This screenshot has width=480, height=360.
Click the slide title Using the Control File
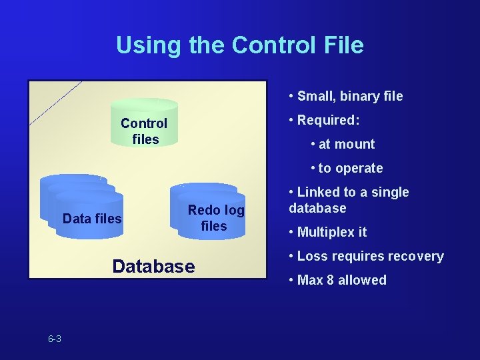pos(240,45)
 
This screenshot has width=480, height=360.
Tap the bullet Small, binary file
pos(349,96)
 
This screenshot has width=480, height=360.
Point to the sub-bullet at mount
pos(346,144)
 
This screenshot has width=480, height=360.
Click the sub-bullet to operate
pos(350,168)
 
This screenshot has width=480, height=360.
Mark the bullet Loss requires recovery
pos(369,256)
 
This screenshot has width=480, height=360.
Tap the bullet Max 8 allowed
pos(341,280)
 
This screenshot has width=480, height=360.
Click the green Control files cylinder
pos(144,123)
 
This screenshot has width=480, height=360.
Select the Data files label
pos(92,219)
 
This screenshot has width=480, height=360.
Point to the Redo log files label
pos(215,218)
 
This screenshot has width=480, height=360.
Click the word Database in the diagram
pos(153,267)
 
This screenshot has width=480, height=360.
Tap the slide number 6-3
pos(55,339)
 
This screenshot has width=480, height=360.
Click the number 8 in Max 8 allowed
pos(329,280)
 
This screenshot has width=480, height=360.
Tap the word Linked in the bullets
pos(317,192)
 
